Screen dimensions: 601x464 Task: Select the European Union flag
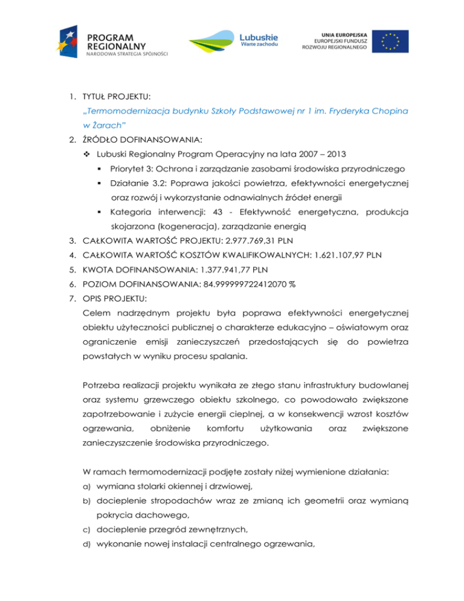393,41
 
